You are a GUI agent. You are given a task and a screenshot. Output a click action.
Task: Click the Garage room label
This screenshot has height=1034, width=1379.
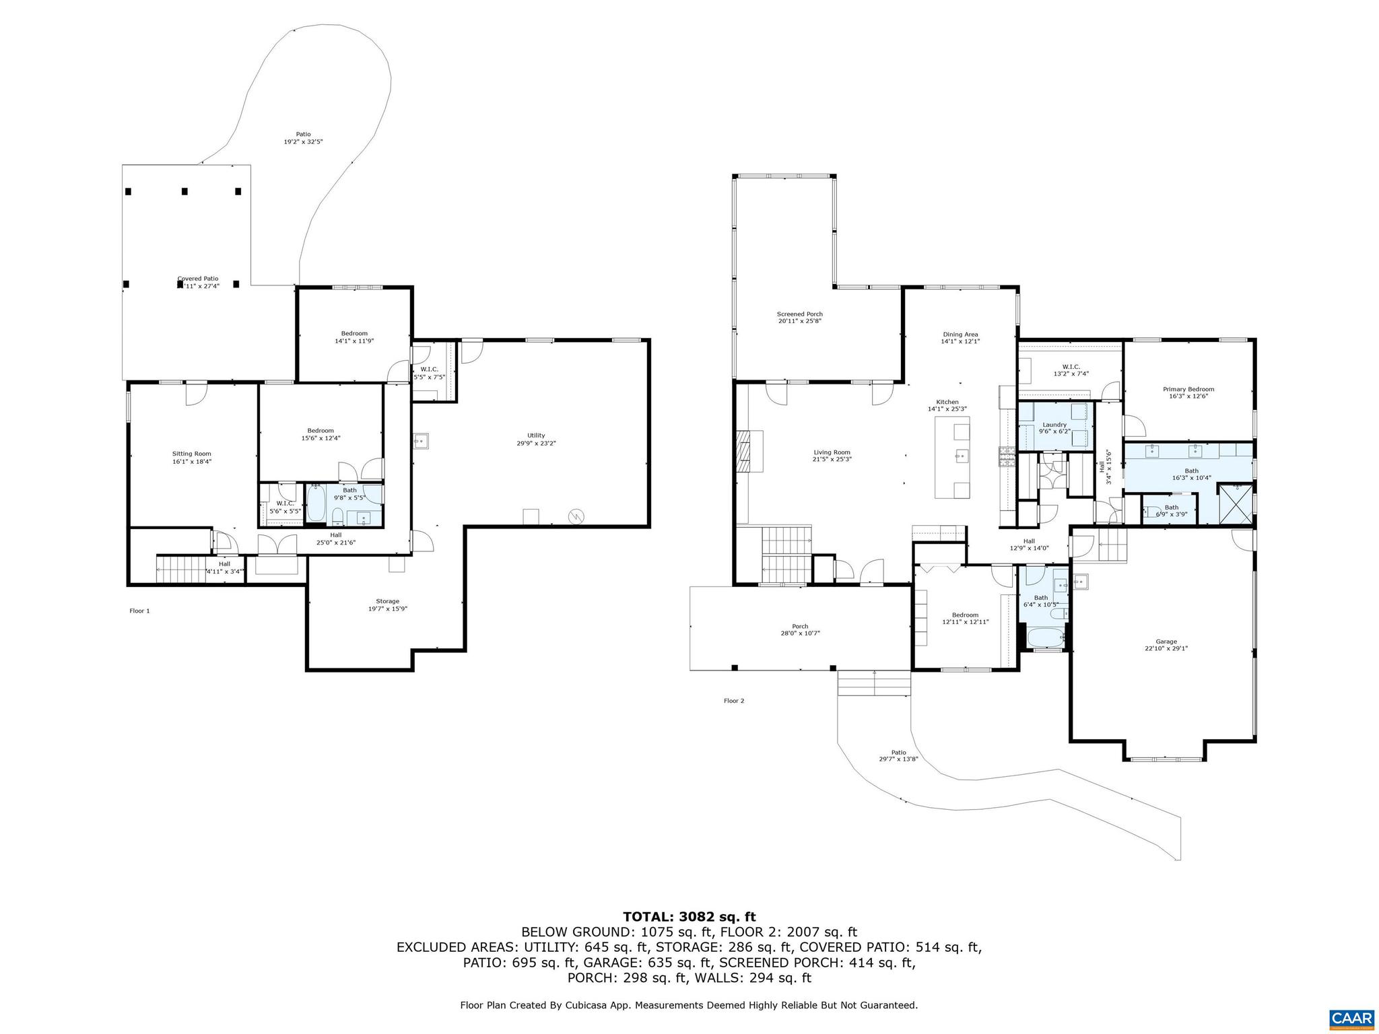coord(1166,642)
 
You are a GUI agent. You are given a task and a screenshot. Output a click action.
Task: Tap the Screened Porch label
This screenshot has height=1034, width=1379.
coord(799,314)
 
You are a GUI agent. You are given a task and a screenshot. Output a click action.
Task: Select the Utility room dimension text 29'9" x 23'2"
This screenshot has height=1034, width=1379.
coord(536,443)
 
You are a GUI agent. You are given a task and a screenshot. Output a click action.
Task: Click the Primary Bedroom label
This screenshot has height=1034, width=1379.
coord(1188,389)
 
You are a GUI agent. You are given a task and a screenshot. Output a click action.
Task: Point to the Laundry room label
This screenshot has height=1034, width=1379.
coord(1054,425)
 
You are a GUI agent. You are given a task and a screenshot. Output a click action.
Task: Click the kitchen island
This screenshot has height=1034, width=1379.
coord(952,457)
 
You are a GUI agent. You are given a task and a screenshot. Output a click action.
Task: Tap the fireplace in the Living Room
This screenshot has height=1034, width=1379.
coord(743,452)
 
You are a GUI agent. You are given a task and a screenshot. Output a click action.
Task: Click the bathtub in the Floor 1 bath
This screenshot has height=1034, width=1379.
coord(316,504)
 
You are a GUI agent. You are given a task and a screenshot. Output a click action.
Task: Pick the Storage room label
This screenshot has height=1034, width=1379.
coord(387,601)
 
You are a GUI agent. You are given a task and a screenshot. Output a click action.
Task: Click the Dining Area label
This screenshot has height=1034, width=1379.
coord(960,334)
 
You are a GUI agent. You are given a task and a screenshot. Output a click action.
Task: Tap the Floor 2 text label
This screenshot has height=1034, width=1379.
coord(734,701)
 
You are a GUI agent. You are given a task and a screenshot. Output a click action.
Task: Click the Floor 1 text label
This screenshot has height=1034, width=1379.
coord(139,611)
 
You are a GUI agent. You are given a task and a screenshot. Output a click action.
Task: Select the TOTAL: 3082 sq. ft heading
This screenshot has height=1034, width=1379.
coord(689,916)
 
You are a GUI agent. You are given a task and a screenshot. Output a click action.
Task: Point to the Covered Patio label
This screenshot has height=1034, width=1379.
coord(198,279)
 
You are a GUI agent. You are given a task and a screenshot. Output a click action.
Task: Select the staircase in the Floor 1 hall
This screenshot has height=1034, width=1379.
coord(180,569)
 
